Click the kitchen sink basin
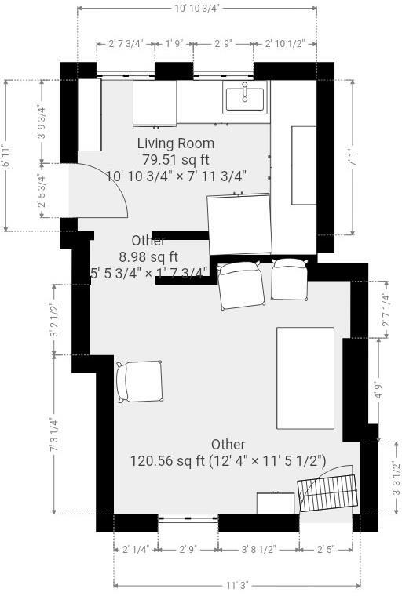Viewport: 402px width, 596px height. click(245, 99)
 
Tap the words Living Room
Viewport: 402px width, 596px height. click(176, 144)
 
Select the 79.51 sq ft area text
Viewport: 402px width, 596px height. click(176, 159)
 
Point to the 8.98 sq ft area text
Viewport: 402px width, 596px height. click(148, 256)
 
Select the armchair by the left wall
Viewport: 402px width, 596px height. click(140, 381)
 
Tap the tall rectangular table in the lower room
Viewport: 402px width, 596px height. click(305, 378)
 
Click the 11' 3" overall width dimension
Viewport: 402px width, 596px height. click(237, 585)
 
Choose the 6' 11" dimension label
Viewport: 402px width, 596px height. click(6, 156)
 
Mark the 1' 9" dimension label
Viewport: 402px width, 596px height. click(174, 44)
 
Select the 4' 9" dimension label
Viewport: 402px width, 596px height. click(378, 390)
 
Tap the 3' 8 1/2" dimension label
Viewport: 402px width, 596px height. click(258, 550)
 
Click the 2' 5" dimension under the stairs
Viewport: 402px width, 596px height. click(326, 550)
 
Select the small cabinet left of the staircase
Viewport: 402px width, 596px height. click(276, 503)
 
